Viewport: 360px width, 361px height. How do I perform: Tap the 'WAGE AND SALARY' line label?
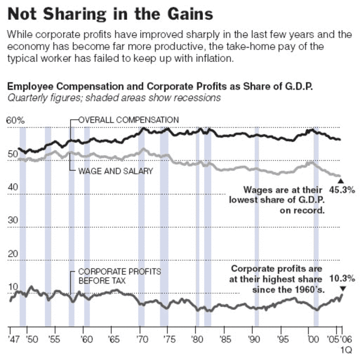(x=115, y=171)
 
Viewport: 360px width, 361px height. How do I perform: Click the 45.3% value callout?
(x=343, y=190)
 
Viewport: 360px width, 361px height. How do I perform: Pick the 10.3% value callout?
(x=343, y=279)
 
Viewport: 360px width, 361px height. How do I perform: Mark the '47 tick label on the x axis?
(x=13, y=338)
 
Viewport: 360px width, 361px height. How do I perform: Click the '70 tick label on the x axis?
(x=142, y=338)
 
